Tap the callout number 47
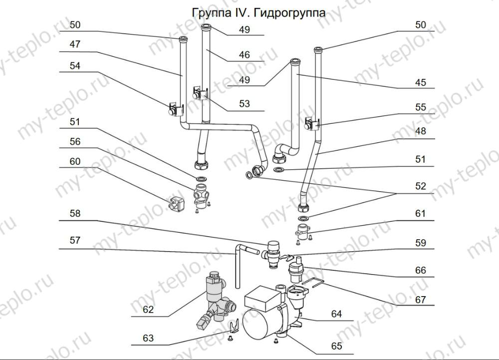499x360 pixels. (x=75, y=44)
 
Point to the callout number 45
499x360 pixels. (x=420, y=82)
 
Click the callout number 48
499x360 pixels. (x=420, y=132)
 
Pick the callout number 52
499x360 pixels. (x=420, y=186)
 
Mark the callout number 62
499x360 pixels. (x=148, y=310)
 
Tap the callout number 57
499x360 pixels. (x=75, y=240)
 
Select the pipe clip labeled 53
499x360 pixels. (x=199, y=93)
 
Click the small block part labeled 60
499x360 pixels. (x=176, y=203)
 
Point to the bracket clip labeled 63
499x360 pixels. (x=234, y=327)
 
